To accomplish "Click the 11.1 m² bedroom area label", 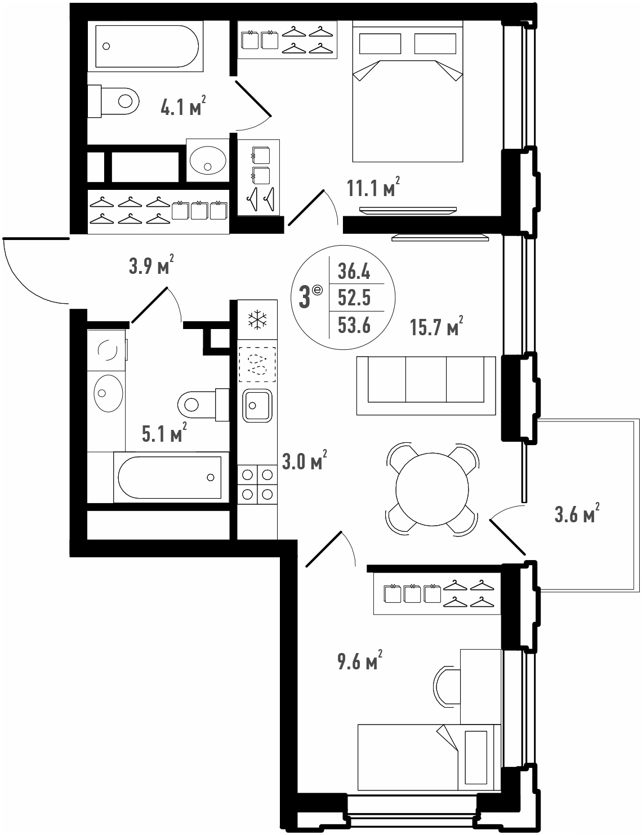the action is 373,187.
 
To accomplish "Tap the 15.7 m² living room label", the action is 436,326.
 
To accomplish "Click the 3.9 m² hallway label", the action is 151,265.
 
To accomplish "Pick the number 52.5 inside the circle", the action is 354,297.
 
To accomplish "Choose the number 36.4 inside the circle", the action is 354,271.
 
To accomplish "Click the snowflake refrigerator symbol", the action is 257,320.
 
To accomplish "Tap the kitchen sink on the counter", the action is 257,406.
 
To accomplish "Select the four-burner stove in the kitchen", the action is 257,484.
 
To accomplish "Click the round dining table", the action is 433,489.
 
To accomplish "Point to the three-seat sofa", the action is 426,386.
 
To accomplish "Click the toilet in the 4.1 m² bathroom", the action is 113,101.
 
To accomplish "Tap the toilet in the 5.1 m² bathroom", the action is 203,405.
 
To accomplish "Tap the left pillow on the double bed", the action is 380,43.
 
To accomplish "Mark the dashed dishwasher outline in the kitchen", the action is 257,365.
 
